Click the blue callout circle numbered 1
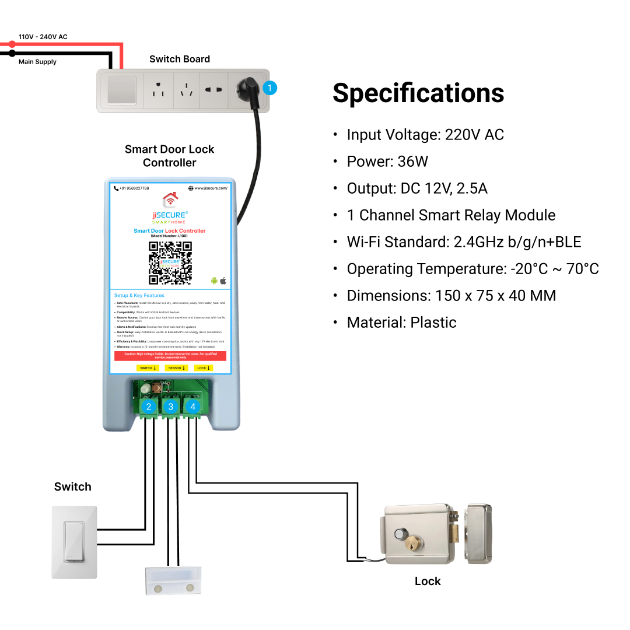pos(269,89)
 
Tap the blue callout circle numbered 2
pos(149,407)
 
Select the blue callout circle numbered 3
pos(170,407)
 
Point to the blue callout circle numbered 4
pos(192,407)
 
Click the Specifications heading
pos(418,93)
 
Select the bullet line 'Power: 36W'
pos(387,162)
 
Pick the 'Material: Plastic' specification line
pos(401,323)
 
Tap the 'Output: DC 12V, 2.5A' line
pos(416,188)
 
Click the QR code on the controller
pos(170,262)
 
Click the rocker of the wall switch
pos(73,542)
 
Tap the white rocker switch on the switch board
pos(122,90)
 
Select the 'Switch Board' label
pos(179,59)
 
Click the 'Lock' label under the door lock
pos(428,582)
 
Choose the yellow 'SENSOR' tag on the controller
pos(174,368)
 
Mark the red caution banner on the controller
pos(170,356)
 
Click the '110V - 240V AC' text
pos(43,37)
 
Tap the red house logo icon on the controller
pos(170,199)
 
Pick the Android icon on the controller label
pos(214,281)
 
